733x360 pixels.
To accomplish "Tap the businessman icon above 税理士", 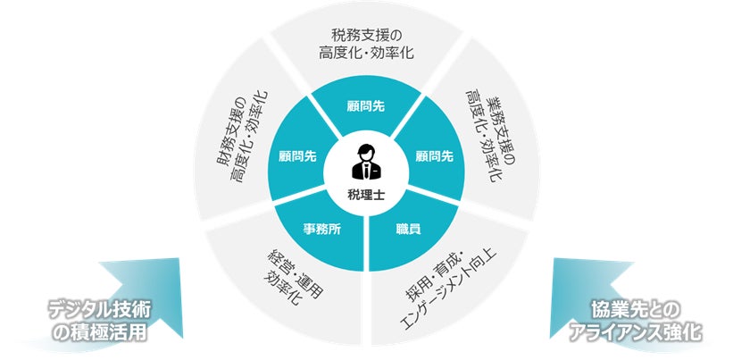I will click(366, 163).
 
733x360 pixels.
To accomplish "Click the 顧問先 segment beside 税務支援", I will click(366, 105).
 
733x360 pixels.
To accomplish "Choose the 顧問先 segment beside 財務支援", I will click(297, 155).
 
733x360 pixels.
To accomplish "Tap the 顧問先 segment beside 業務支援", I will click(435, 155).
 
